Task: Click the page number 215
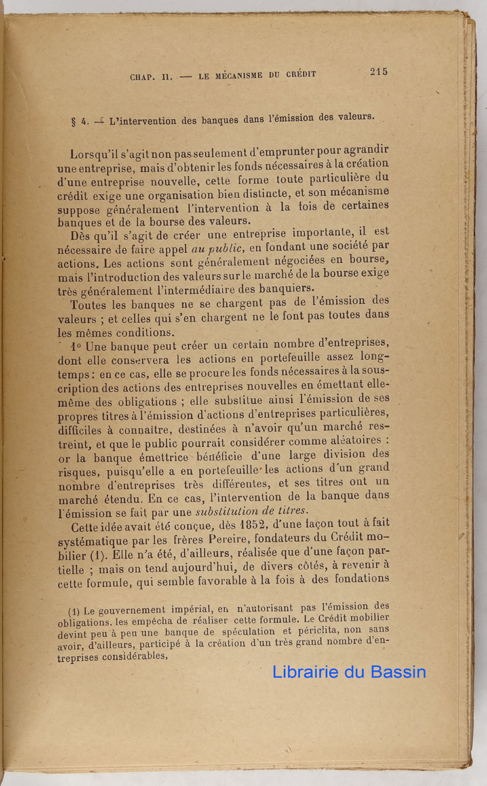tap(378, 72)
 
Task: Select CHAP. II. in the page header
tap(151, 77)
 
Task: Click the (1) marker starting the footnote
tap(73, 610)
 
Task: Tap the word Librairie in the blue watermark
tap(304, 671)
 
